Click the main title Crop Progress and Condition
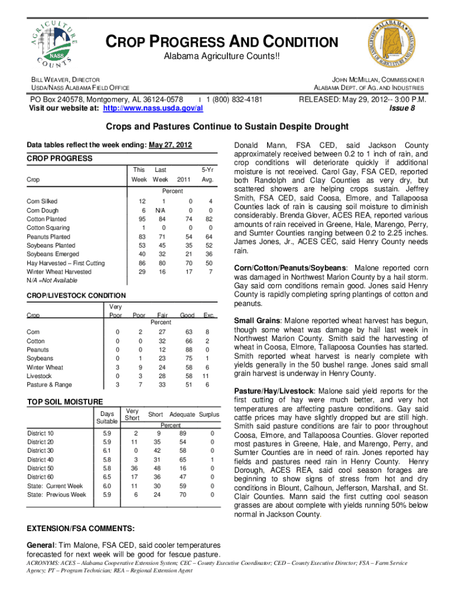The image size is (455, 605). (x=222, y=43)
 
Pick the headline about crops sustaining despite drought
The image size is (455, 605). (x=227, y=126)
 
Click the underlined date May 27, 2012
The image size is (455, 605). (x=170, y=145)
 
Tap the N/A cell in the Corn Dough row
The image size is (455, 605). (x=160, y=210)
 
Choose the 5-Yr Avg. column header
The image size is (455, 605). (x=207, y=174)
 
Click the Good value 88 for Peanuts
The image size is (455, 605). (x=187, y=350)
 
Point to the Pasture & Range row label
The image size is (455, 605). (x=50, y=385)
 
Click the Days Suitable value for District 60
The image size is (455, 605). (x=106, y=476)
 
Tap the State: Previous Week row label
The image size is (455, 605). (x=56, y=495)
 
